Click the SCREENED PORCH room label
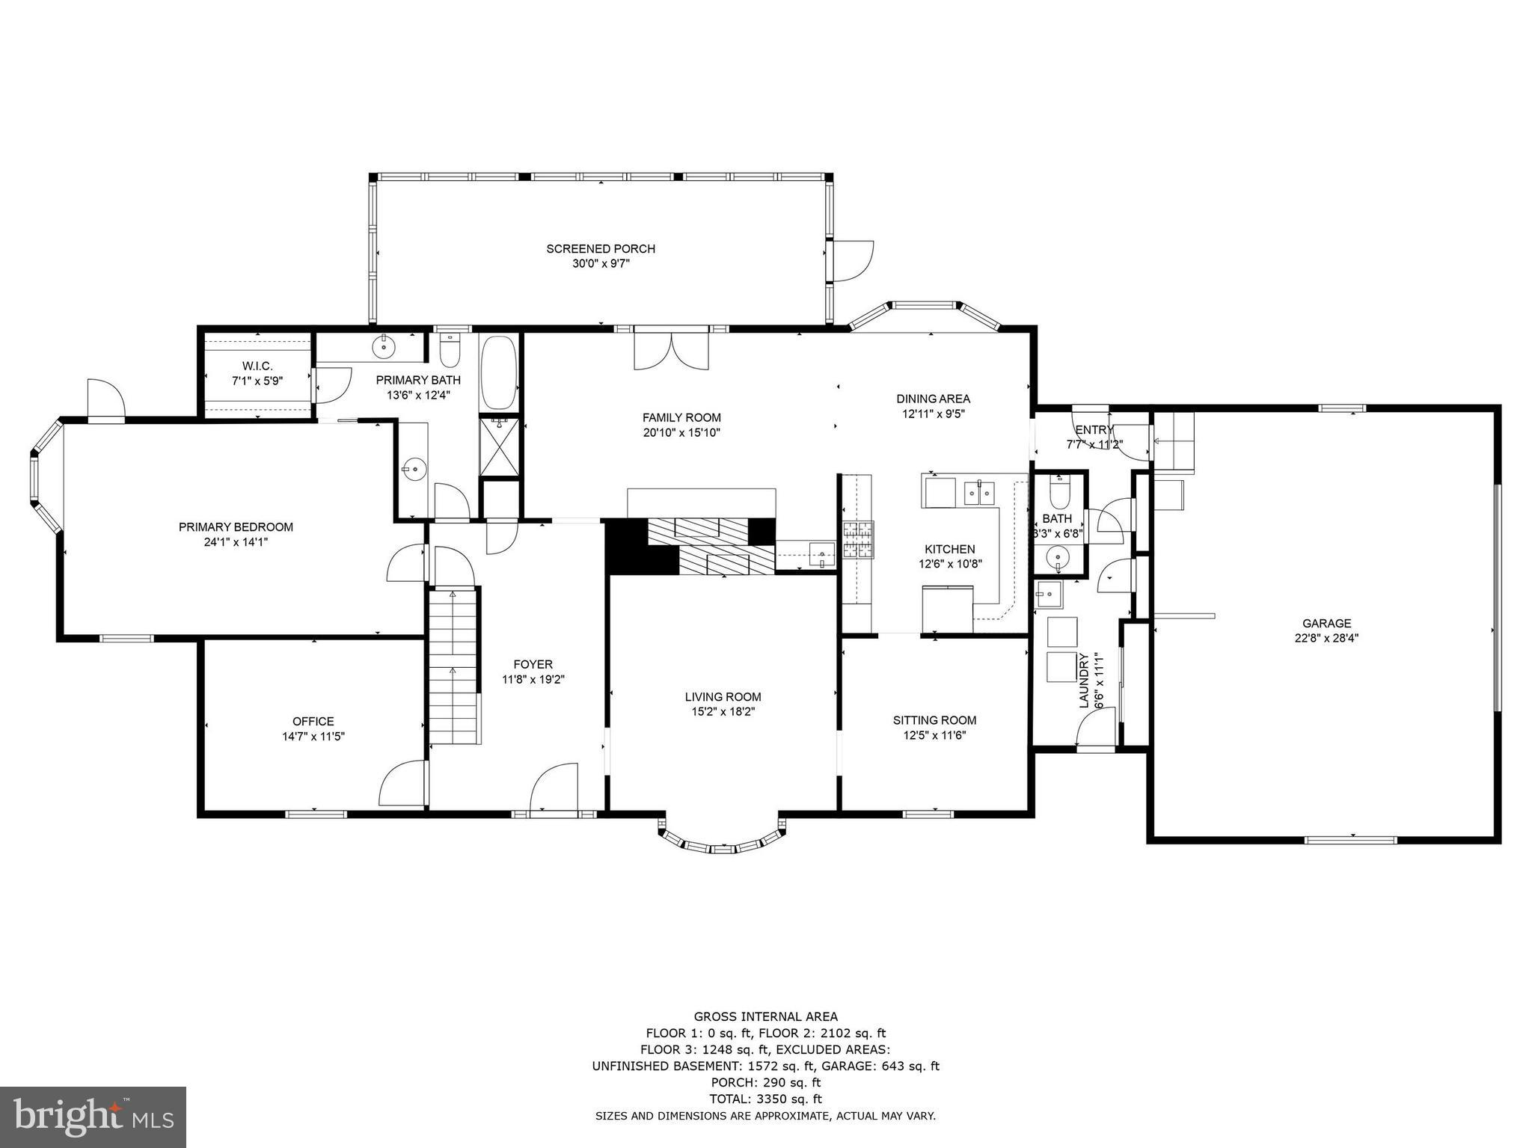pos(601,249)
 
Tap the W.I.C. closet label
pos(257,366)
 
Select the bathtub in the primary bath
pos(498,372)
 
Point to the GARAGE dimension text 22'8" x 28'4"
pos(1326,638)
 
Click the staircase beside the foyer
pos(453,666)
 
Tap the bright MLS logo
pos(93,1116)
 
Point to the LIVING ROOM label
pos(723,697)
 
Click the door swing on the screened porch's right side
pos(853,261)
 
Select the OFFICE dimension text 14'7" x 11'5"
pos(313,736)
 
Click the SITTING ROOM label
pos(934,720)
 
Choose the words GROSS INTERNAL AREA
pos(765,1016)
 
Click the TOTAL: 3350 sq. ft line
pos(765,1099)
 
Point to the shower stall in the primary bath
pos(498,446)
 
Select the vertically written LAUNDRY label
pos(1083,680)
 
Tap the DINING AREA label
pos(933,399)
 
